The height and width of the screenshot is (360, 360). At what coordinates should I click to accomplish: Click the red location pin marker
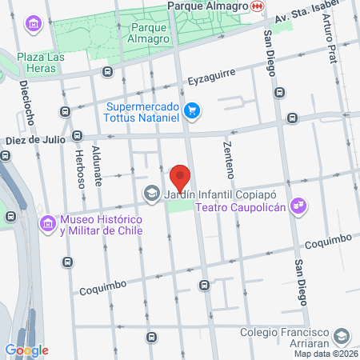(x=181, y=177)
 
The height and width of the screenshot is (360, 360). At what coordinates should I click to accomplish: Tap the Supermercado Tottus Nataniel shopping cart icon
(x=191, y=110)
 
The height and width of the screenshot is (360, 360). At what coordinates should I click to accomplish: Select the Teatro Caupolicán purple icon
(x=298, y=206)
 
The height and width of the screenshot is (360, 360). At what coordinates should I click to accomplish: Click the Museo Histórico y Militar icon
(x=48, y=224)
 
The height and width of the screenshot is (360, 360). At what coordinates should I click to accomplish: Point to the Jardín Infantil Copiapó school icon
(x=150, y=193)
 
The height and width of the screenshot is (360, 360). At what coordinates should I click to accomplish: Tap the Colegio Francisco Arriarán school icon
(x=342, y=337)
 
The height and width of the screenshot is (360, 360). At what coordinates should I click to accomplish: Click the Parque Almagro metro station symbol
(x=257, y=6)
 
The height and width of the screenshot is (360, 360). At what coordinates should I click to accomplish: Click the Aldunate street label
(x=97, y=170)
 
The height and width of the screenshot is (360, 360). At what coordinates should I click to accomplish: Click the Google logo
(x=26, y=350)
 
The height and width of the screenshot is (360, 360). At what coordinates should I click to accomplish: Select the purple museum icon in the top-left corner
(x=33, y=24)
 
